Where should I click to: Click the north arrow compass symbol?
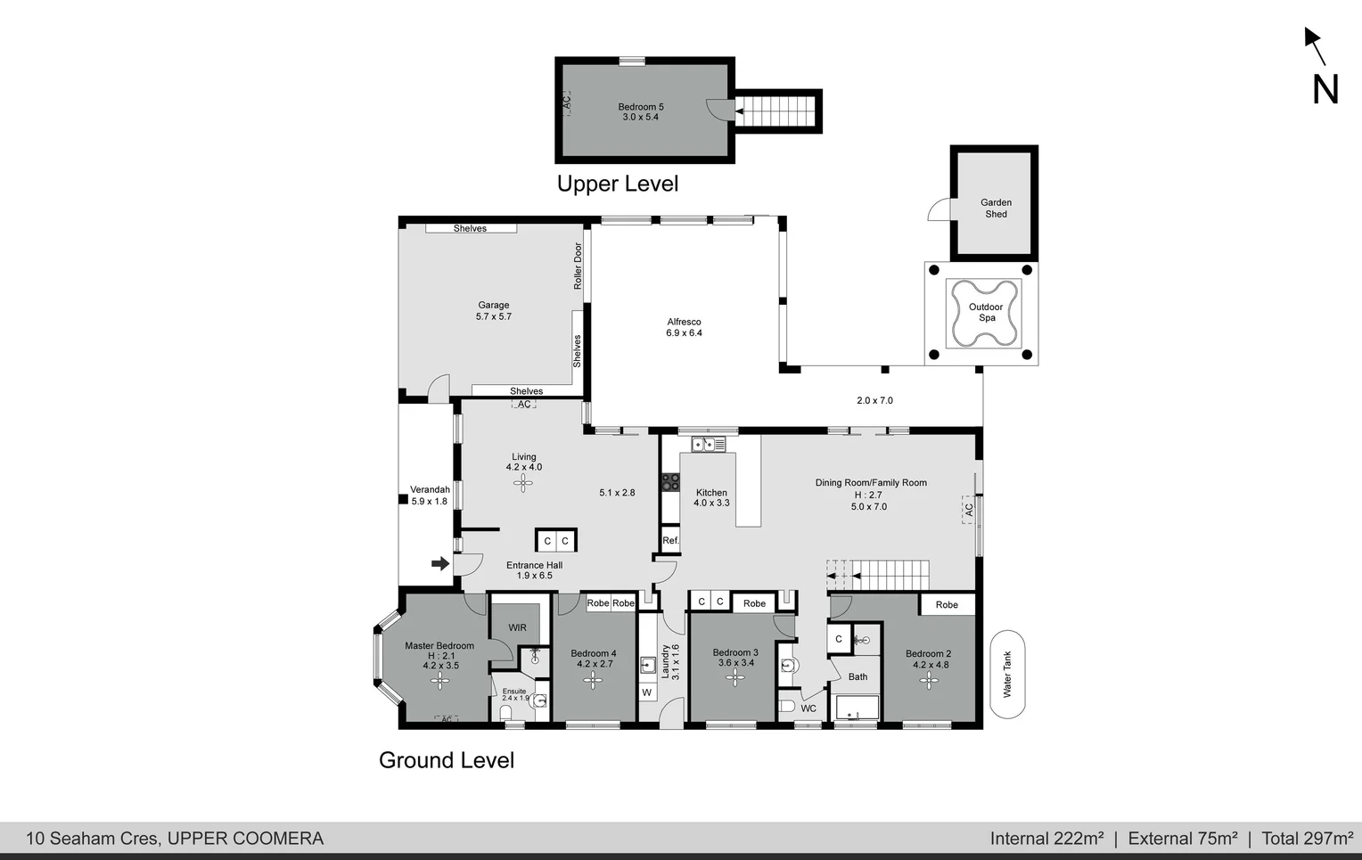coord(1320,67)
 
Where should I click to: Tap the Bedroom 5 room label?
coord(641,112)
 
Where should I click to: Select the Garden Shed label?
coord(996,209)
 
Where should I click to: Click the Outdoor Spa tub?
coord(985,313)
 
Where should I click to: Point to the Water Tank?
coord(1007,674)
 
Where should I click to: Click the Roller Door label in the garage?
coord(578,266)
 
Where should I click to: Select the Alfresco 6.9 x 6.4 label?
coord(684,328)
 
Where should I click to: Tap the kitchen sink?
coord(709,444)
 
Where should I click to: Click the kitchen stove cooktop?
coord(669,482)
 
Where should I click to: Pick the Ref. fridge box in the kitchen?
coord(670,540)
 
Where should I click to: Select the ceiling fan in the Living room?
coord(523,483)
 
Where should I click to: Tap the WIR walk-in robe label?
coord(517,627)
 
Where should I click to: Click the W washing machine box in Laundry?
coord(647,692)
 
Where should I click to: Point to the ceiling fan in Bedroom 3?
coord(735,678)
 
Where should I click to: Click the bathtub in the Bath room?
coord(857,708)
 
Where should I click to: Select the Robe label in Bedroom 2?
coord(947,605)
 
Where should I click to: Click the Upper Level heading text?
coord(618,184)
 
